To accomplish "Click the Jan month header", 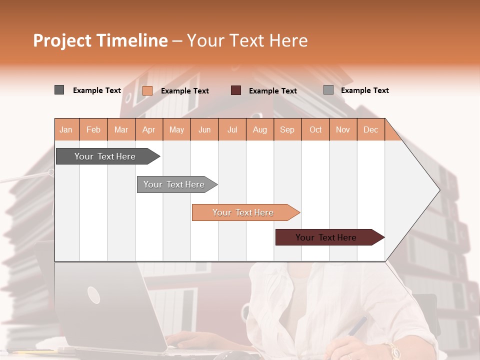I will [x=66, y=129].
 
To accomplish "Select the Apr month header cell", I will [x=149, y=129].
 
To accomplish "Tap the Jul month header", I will [x=232, y=129].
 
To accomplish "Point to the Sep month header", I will [x=287, y=129].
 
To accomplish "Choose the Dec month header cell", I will [x=370, y=129].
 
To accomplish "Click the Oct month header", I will [x=315, y=129].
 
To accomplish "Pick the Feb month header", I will [x=93, y=129].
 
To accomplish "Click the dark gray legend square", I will [x=59, y=90].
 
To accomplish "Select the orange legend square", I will [x=147, y=90].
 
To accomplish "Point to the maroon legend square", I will [x=236, y=90].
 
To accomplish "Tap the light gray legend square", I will [x=328, y=90].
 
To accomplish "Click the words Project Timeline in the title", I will [x=100, y=40].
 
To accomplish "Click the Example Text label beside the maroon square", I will [x=272, y=91].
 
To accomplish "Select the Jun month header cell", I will [x=204, y=129].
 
